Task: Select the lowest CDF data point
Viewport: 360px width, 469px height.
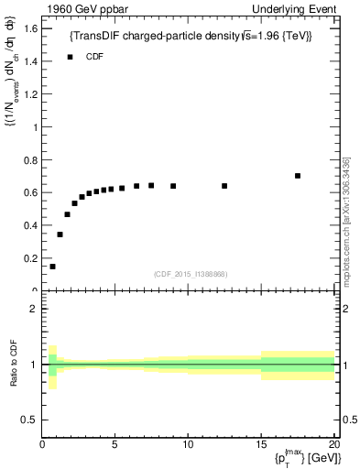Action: [52, 267]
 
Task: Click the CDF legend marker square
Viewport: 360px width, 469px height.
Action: [70, 57]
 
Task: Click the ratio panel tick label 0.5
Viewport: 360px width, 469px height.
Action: [28, 420]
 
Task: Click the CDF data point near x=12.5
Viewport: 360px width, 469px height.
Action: [224, 186]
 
